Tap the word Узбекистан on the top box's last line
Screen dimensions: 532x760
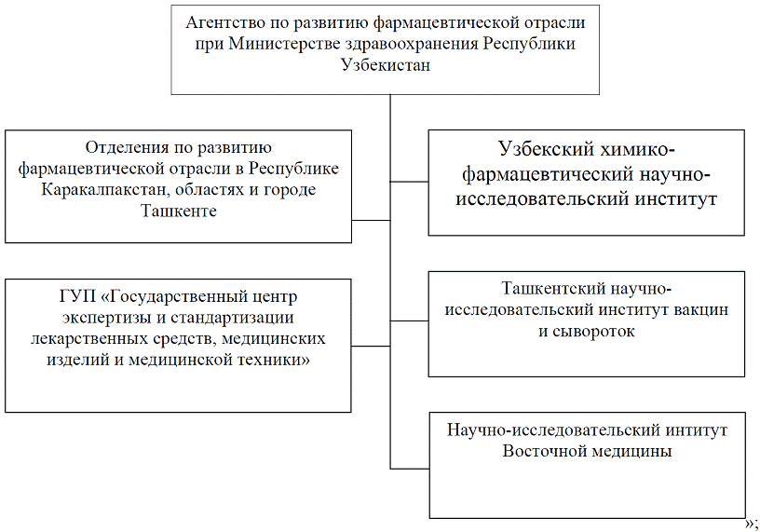pyautogui.click(x=386, y=66)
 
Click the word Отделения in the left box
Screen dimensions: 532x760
pyautogui.click(x=124, y=146)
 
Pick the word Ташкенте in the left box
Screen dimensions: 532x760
pyautogui.click(x=179, y=211)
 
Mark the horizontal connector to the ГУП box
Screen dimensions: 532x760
pyautogui.click(x=372, y=346)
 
